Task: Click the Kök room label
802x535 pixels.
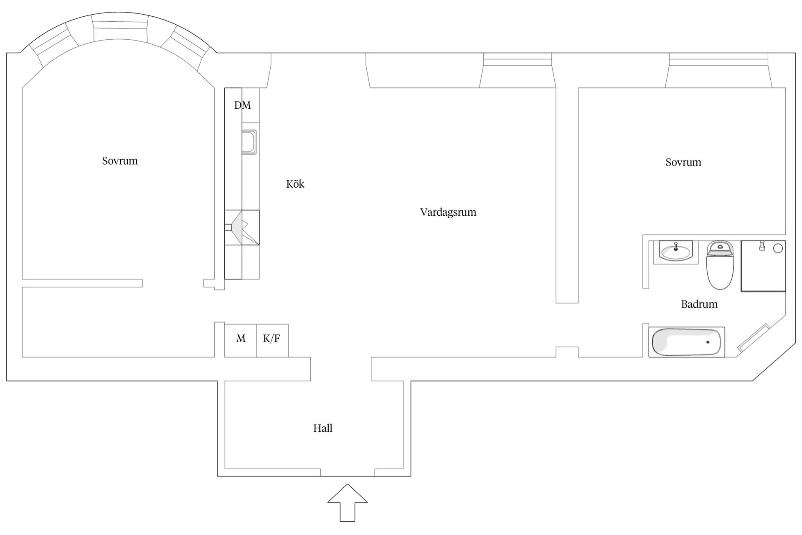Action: pos(295,184)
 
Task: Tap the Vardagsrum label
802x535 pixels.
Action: pos(448,212)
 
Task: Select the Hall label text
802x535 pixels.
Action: pos(323,428)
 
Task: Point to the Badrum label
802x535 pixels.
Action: pos(699,304)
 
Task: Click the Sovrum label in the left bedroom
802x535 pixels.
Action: pos(120,161)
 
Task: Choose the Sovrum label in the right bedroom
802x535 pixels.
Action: pos(683,162)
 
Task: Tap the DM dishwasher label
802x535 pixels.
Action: pos(243,105)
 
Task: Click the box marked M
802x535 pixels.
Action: pos(241,341)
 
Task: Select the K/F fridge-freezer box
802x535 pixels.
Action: pos(272,341)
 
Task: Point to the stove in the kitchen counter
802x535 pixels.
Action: pos(242,227)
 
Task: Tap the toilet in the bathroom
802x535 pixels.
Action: pos(720,265)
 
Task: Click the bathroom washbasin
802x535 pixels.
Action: pos(675,252)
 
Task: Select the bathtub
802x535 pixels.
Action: pos(687,342)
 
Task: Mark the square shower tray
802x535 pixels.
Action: pos(763,266)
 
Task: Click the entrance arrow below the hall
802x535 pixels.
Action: pos(348,503)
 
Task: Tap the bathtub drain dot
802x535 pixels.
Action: pos(708,342)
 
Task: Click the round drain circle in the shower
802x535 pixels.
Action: pos(778,248)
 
